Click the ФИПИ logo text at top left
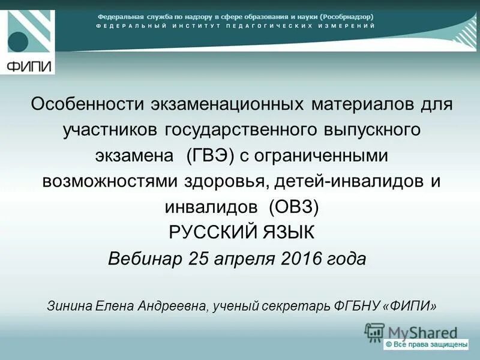tap(28, 65)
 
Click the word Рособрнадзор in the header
tap(347, 17)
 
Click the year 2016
tap(302, 259)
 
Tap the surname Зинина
tap(68, 305)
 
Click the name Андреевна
tap(172, 305)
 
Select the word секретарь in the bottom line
tap(293, 305)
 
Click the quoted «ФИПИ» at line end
tap(409, 305)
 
